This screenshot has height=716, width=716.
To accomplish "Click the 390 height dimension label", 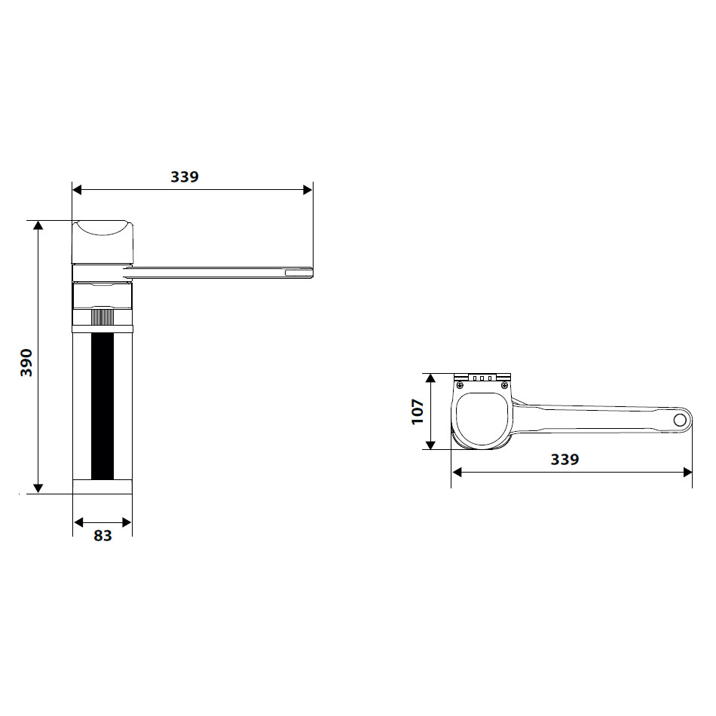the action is pyautogui.click(x=27, y=363).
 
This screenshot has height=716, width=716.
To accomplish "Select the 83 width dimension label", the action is pyautogui.click(x=103, y=536).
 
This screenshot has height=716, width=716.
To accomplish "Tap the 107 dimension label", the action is pyautogui.click(x=418, y=412).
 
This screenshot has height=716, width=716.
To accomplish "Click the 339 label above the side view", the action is pyautogui.click(x=185, y=176).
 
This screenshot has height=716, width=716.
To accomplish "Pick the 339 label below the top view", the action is pyautogui.click(x=565, y=459).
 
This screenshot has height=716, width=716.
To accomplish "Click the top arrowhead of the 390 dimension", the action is pyautogui.click(x=38, y=225).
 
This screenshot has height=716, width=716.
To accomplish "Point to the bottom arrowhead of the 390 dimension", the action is pyautogui.click(x=38, y=488).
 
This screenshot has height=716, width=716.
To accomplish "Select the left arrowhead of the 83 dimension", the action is pyautogui.click(x=78, y=522).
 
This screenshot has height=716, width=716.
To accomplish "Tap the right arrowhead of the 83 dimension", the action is pyautogui.click(x=127, y=522).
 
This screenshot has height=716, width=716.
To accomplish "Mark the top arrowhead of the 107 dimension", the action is pyautogui.click(x=430, y=378).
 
